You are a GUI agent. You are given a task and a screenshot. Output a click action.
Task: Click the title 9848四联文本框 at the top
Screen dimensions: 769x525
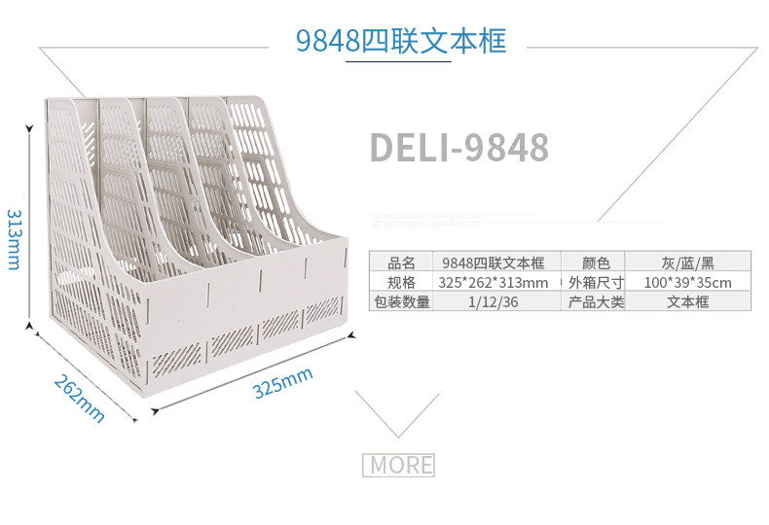click(400, 40)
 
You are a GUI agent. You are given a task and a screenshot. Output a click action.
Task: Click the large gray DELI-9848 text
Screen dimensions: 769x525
click(458, 147)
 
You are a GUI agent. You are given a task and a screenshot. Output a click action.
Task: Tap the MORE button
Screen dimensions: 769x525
click(398, 465)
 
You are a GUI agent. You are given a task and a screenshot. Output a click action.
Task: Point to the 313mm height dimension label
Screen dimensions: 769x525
click(15, 238)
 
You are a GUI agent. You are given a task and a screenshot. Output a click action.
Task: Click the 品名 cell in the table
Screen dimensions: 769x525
click(401, 262)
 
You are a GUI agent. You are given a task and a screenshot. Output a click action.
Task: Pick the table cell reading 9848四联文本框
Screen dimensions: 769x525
click(493, 262)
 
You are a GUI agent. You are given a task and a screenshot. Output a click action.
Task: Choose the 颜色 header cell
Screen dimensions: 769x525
click(595, 262)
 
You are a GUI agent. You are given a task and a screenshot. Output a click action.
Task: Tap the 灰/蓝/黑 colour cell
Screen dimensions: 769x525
click(687, 262)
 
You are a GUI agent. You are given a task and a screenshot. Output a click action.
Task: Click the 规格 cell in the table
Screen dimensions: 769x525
click(401, 282)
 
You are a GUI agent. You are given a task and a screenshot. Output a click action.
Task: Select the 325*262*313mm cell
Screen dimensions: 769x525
click(493, 282)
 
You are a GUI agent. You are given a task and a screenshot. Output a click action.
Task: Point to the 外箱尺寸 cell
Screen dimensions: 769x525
click(595, 282)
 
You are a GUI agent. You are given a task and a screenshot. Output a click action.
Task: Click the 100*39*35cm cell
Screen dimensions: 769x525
click(687, 282)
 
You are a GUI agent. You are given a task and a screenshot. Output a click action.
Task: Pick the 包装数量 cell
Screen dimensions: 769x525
click(401, 301)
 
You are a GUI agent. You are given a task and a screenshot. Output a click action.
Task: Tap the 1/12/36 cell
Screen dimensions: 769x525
click(493, 301)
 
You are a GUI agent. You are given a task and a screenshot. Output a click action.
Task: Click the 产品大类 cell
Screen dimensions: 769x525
click(595, 301)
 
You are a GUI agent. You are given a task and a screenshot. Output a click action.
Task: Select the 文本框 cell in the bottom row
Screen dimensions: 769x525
click(687, 301)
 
